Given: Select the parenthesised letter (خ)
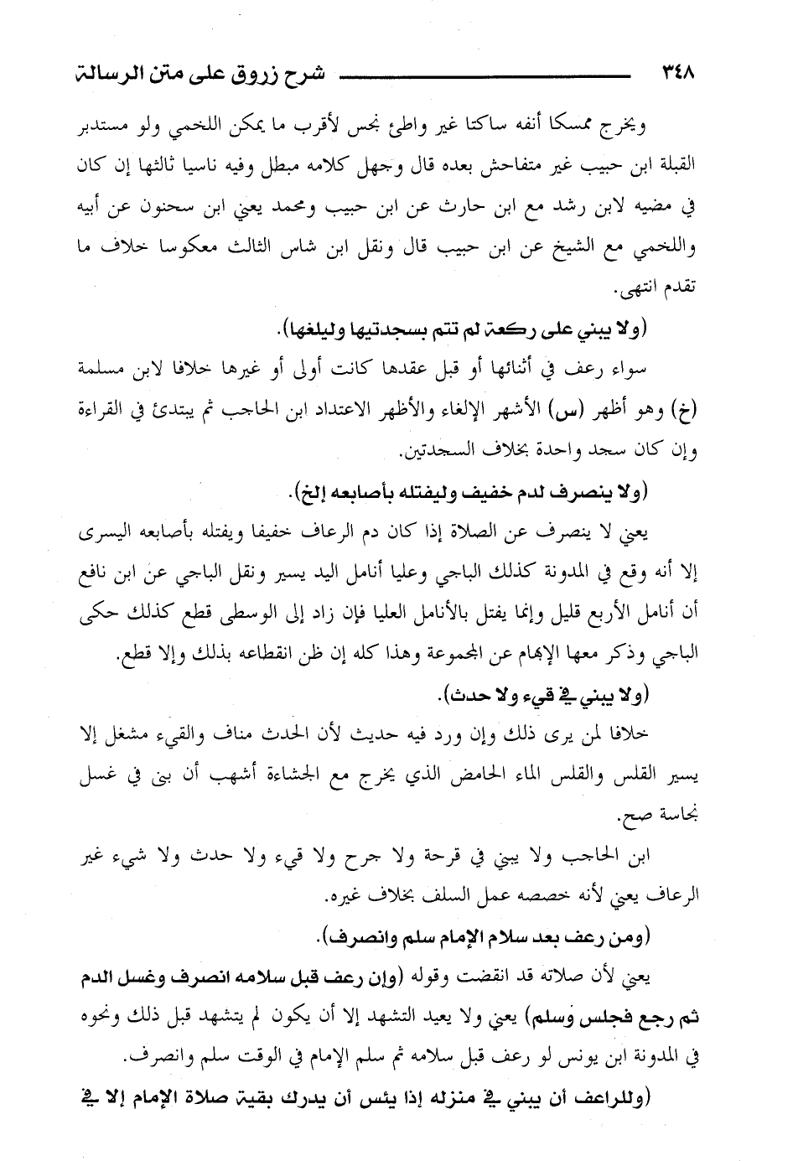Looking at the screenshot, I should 687,411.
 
